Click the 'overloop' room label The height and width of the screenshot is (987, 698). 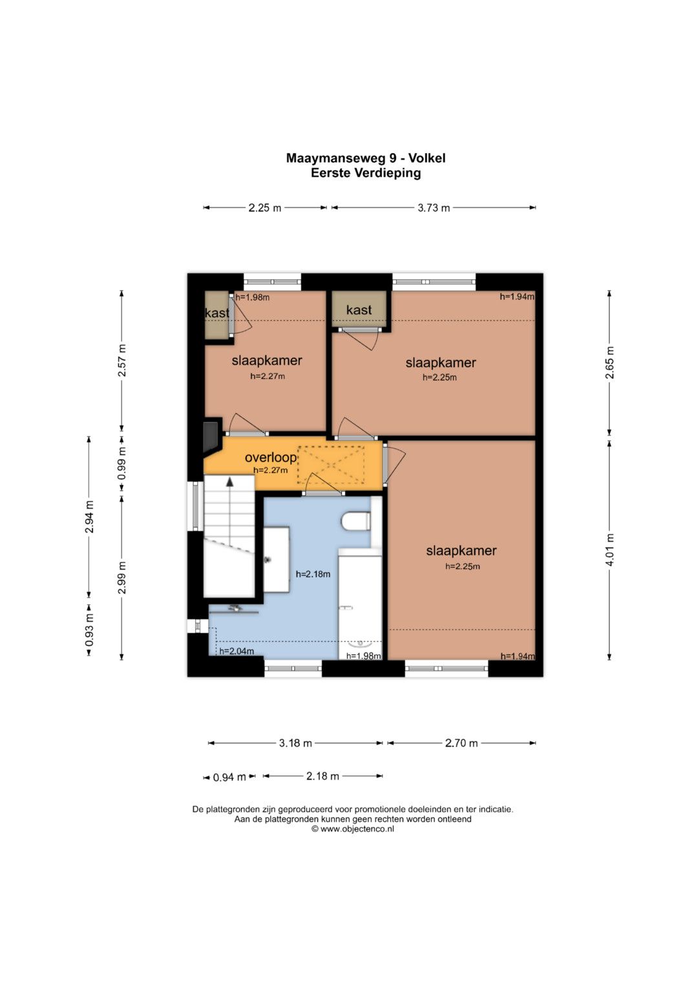(271, 458)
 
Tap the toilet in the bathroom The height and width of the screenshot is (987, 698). (355, 521)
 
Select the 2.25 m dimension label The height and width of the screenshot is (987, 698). (264, 207)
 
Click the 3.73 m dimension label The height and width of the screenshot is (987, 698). (434, 207)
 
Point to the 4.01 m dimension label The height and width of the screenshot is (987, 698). (609, 549)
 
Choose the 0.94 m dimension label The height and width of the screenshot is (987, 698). (229, 778)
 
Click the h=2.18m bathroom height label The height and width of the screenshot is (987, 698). (313, 574)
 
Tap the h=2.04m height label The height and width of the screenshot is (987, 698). (237, 652)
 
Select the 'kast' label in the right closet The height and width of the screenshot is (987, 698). (359, 310)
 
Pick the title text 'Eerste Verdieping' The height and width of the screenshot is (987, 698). (366, 173)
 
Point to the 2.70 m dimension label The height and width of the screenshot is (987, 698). (461, 743)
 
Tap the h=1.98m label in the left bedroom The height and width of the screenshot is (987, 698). (253, 297)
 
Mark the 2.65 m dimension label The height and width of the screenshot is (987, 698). (609, 363)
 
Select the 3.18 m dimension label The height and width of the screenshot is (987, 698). (295, 743)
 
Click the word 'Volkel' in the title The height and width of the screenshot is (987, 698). (427, 158)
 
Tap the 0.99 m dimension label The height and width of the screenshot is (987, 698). (122, 463)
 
